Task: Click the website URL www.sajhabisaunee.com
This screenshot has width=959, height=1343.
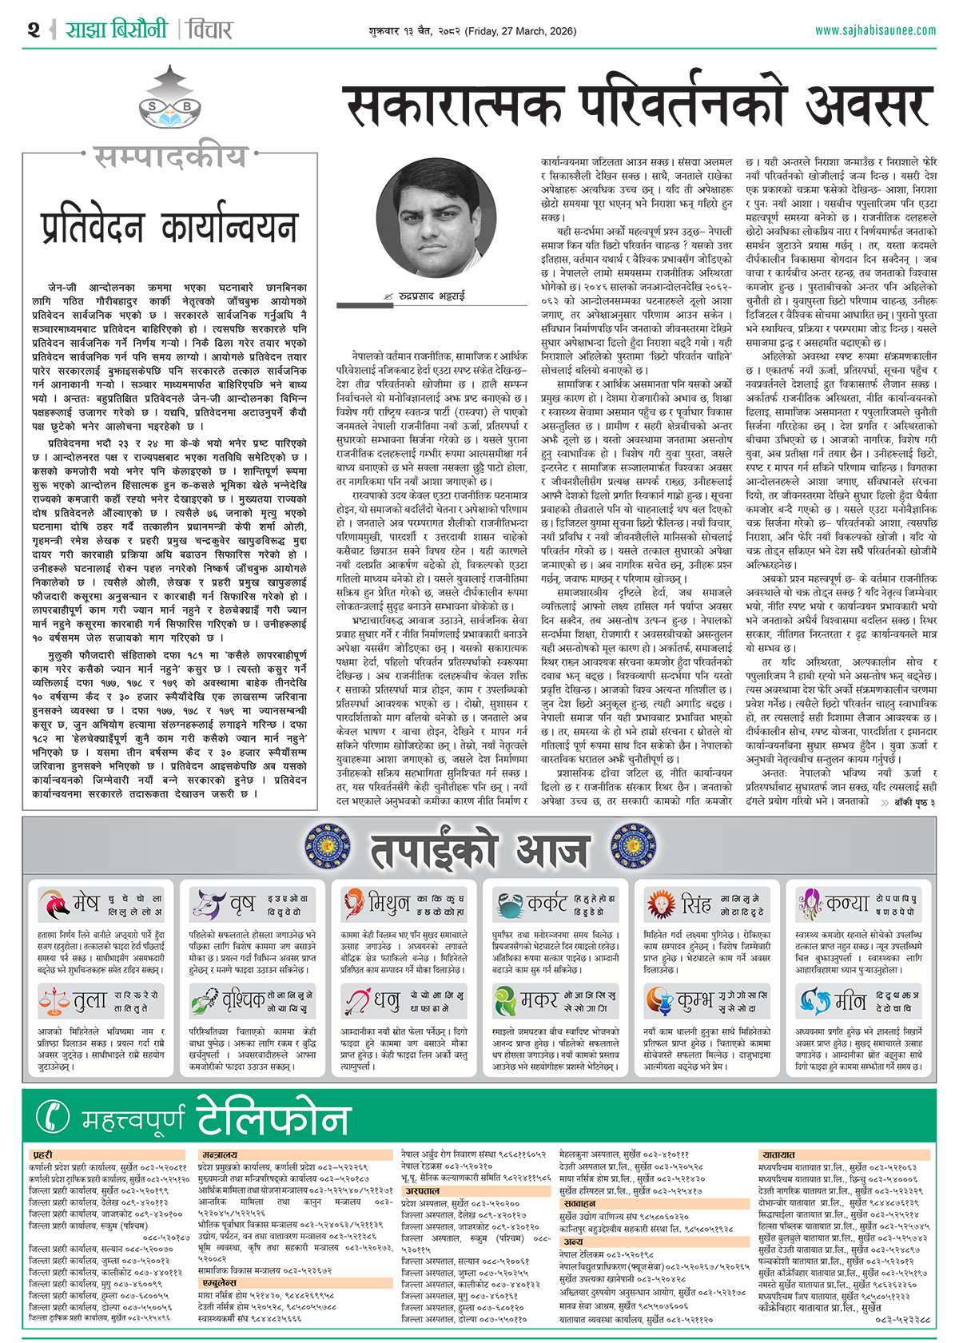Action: tap(875, 30)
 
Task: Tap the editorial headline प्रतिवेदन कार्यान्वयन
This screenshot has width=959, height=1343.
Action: tap(169, 228)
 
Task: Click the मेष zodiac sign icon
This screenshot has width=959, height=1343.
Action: tap(54, 904)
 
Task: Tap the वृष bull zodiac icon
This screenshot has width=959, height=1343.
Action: tap(206, 904)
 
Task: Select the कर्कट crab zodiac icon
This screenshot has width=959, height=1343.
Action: tap(508, 904)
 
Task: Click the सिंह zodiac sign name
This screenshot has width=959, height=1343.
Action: tap(695, 904)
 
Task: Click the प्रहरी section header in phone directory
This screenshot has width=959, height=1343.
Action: tap(43, 1154)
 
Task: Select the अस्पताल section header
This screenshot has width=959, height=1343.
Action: tap(421, 1190)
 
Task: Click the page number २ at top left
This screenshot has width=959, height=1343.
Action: tap(34, 30)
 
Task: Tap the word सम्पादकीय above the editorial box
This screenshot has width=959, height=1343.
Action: tap(169, 157)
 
